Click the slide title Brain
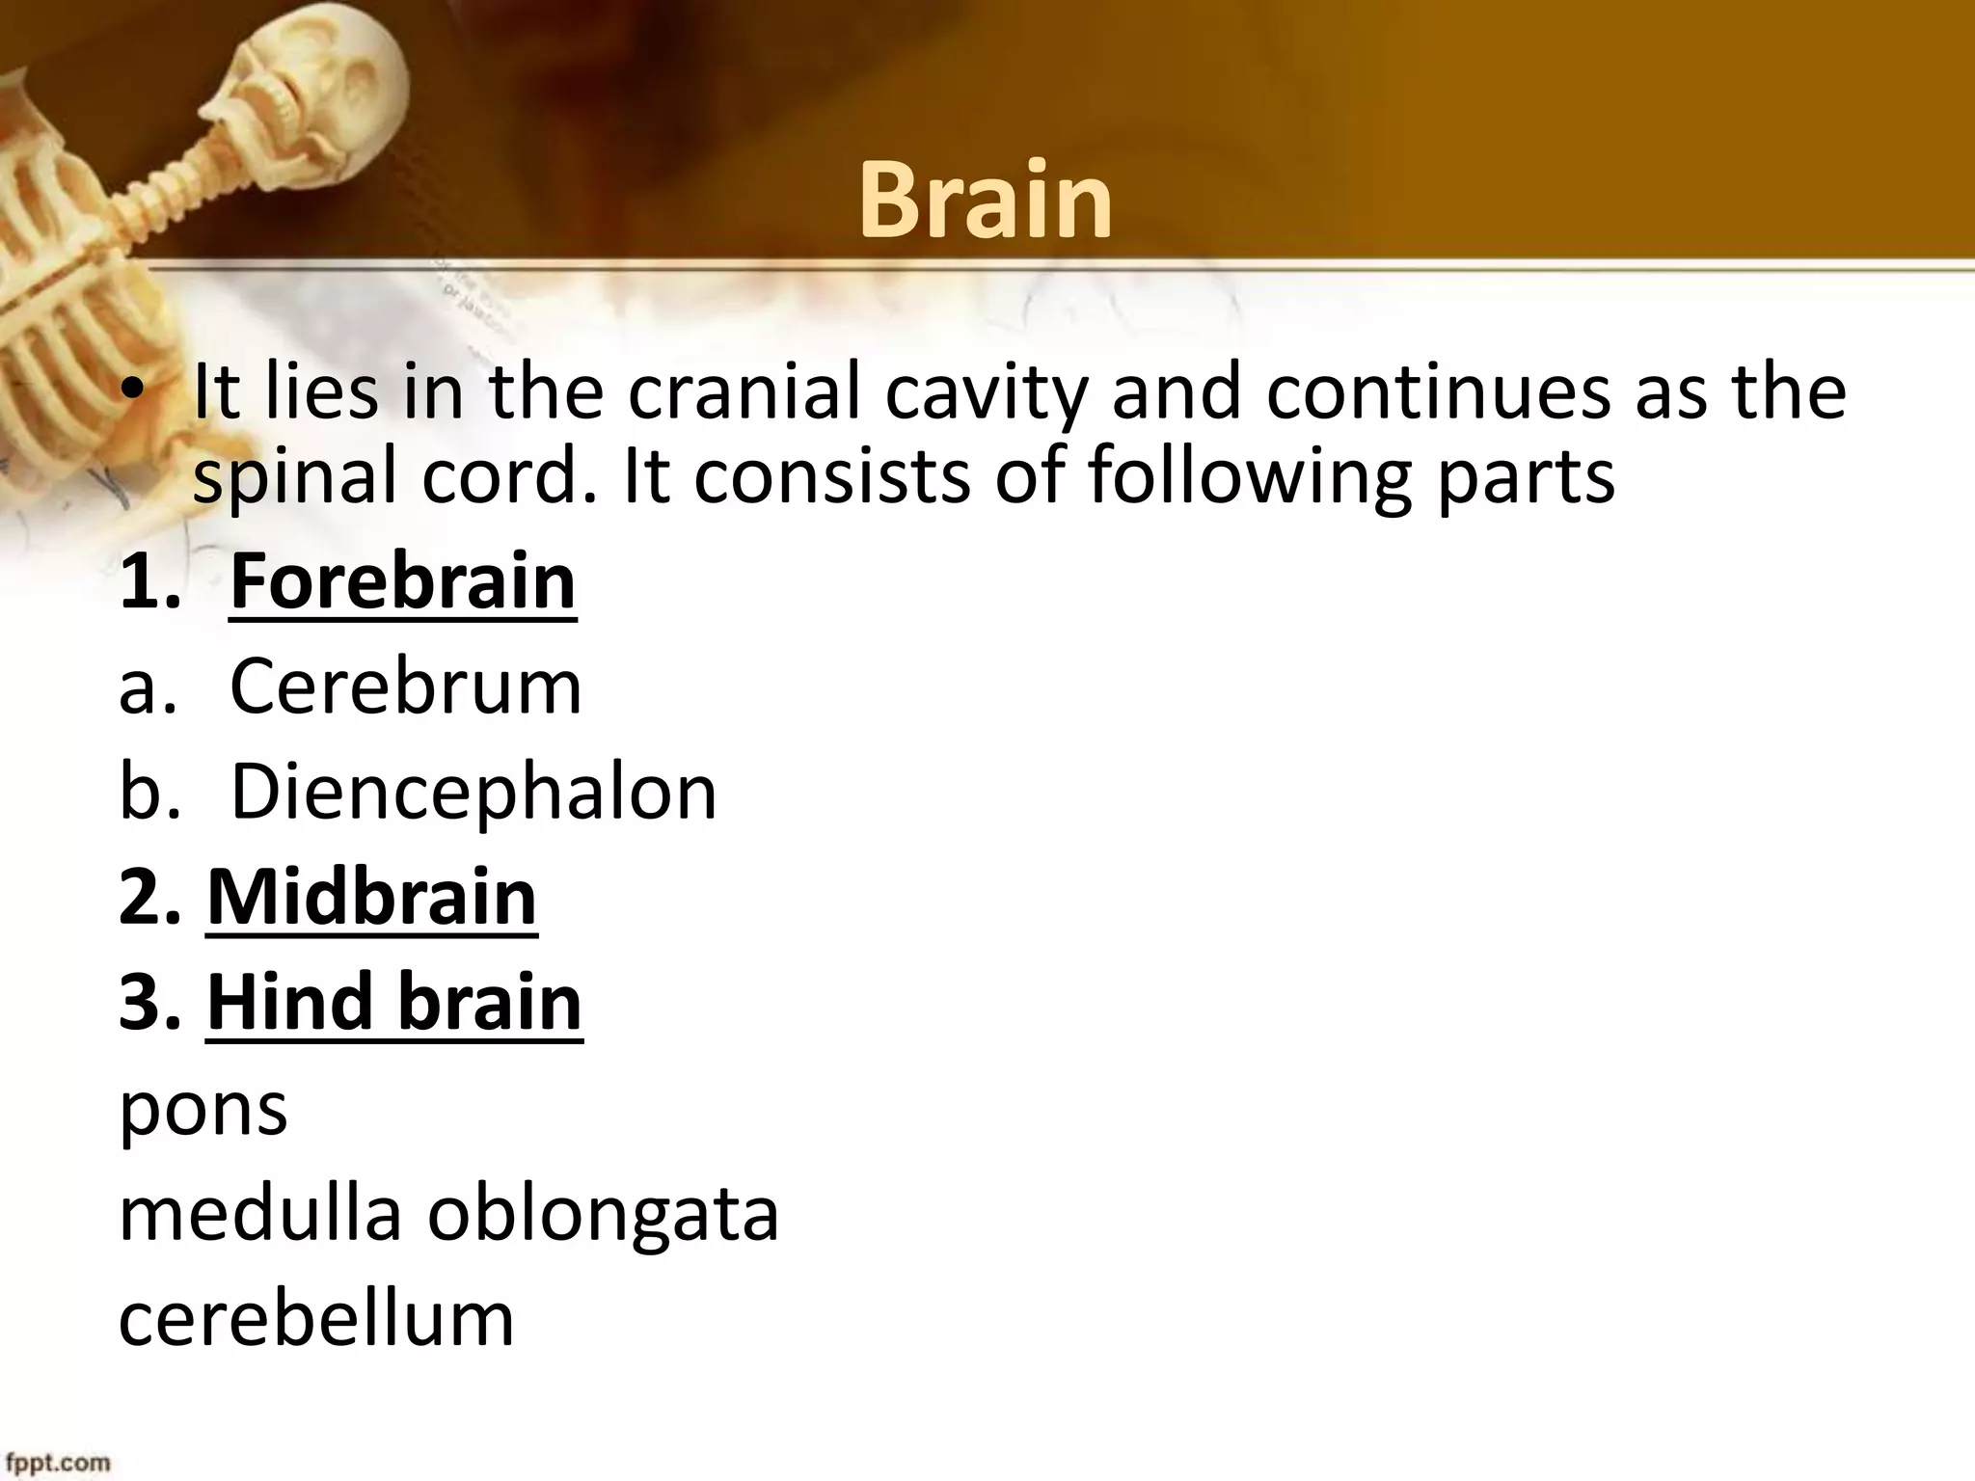coord(986,201)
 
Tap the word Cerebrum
coord(406,687)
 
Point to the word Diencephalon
coord(473,792)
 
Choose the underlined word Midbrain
coord(371,897)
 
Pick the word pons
coord(203,1109)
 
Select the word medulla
coord(259,1213)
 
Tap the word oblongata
coord(603,1215)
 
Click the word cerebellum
coord(316,1318)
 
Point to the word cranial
coord(744,392)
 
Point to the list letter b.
coord(140,792)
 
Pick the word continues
coord(1438,392)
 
